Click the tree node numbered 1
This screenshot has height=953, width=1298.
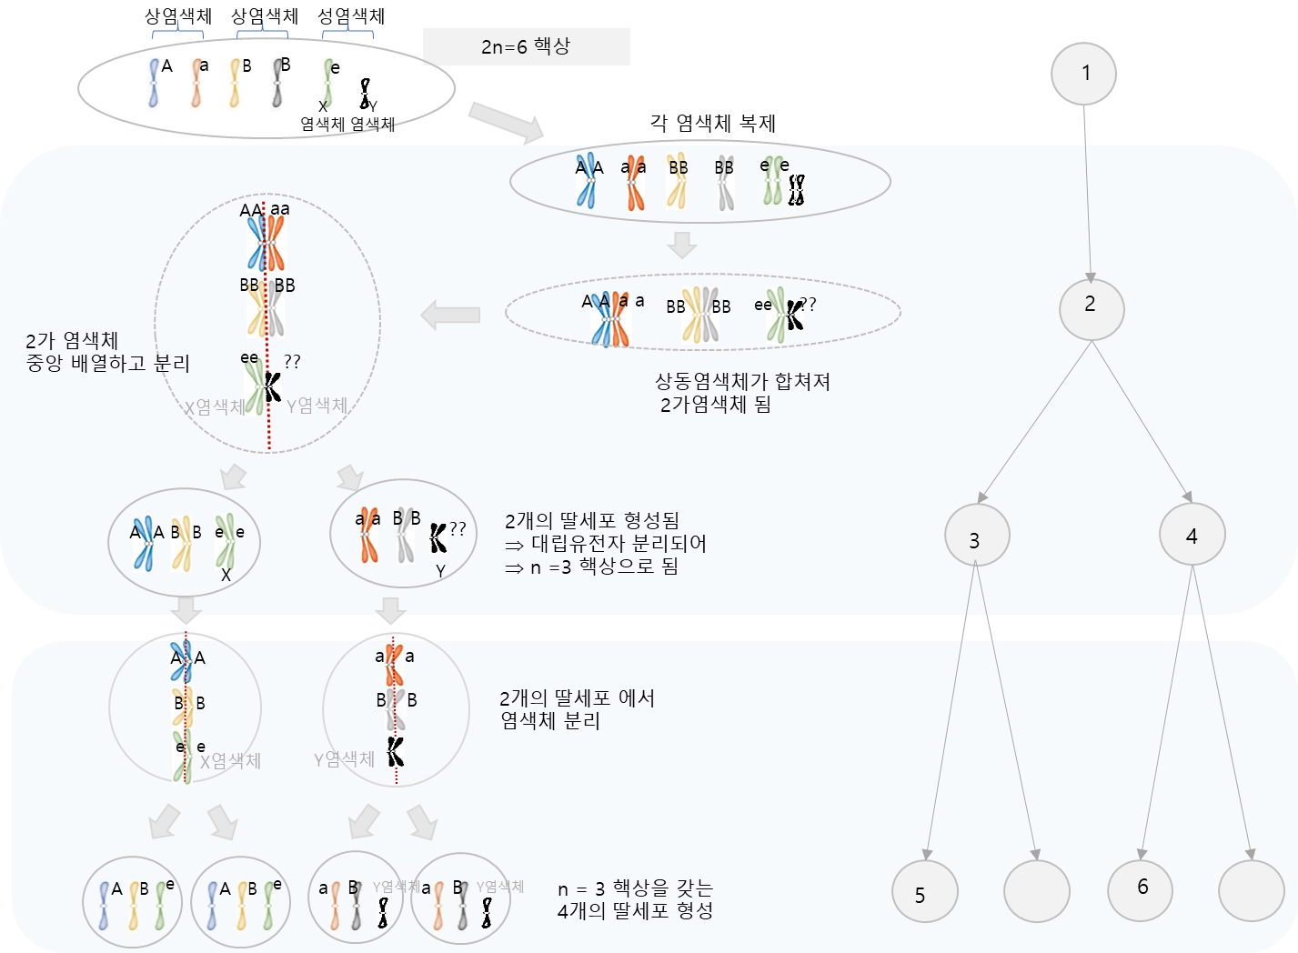pyautogui.click(x=1083, y=73)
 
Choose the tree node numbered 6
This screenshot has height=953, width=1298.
pyautogui.click(x=1141, y=888)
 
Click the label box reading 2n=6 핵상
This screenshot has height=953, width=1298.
pyautogui.click(x=526, y=46)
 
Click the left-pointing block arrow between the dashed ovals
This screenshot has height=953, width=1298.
pyautogui.click(x=450, y=316)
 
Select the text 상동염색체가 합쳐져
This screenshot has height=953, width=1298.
pyautogui.click(x=742, y=381)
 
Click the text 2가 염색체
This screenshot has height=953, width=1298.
pyautogui.click(x=72, y=341)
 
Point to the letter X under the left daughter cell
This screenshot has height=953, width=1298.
pyautogui.click(x=226, y=576)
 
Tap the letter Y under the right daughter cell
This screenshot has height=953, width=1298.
pyautogui.click(x=440, y=571)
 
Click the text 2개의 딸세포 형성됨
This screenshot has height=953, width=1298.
pyautogui.click(x=591, y=521)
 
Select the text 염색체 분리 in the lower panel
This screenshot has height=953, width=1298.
pyautogui.click(x=550, y=721)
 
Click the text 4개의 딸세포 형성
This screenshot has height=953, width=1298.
pyautogui.click(x=635, y=910)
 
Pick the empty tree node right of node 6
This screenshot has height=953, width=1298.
pyautogui.click(x=1251, y=889)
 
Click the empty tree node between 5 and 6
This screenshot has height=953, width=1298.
pyautogui.click(x=1036, y=891)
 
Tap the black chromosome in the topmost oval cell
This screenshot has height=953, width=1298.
pyautogui.click(x=365, y=94)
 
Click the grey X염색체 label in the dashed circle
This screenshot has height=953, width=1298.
pyautogui.click(x=215, y=407)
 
